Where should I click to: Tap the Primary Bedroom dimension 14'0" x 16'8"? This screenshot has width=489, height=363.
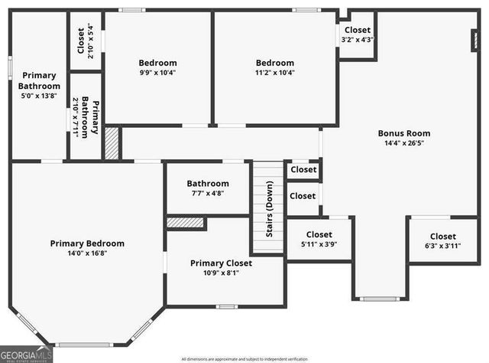[87, 253]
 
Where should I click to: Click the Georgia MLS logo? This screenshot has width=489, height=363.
[27, 354]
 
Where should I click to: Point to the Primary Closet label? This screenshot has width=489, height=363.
[221, 263]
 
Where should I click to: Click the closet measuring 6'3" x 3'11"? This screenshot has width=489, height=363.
[442, 240]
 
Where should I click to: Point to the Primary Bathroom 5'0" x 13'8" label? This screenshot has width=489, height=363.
[39, 85]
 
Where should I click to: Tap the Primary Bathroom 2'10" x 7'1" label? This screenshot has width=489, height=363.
[85, 116]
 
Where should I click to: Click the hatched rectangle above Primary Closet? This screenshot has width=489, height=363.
[185, 223]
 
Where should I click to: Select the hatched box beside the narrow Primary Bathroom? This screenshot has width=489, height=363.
[112, 143]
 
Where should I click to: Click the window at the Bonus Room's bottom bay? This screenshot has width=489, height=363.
[378, 298]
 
